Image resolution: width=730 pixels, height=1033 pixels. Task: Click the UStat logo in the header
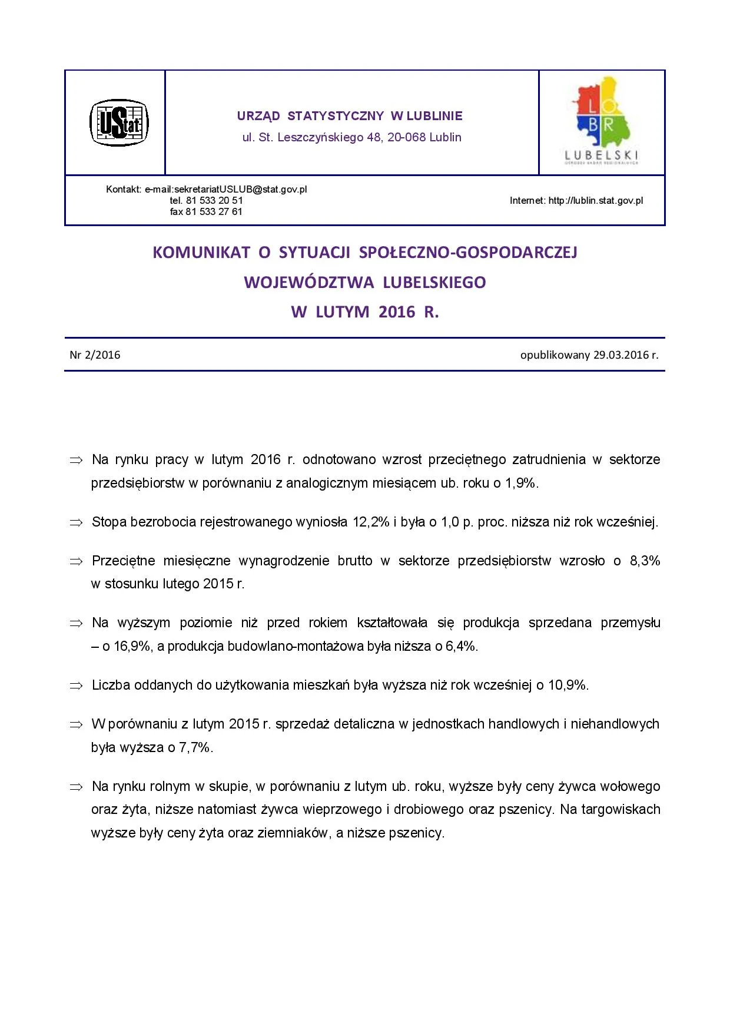pos(119,122)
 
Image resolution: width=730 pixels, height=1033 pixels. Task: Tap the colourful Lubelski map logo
pos(602,120)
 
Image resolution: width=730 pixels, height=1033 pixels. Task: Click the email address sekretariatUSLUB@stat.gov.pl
pos(241,190)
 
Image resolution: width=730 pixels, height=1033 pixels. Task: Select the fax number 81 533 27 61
pos(214,212)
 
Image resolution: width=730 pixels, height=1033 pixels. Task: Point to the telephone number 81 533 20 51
pos(214,201)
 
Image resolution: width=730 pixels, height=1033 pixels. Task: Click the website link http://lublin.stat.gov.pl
pos(596,201)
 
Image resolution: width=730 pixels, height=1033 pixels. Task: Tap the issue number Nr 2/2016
pos(95,355)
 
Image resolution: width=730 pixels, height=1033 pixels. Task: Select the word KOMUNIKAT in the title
pos(201,253)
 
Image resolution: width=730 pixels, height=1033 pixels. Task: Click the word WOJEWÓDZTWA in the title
pos(309,283)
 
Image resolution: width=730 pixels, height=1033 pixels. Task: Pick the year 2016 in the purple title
pos(397,312)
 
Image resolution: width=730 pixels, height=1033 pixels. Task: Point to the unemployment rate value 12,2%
pos(371,522)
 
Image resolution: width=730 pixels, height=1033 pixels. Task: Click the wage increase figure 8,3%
pos(645,561)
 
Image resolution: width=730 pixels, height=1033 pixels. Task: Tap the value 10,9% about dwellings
pos(568,686)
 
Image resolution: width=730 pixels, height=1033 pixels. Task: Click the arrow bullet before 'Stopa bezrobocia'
pos(77,523)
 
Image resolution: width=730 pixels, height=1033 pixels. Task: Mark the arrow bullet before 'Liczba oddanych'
pos(77,686)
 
